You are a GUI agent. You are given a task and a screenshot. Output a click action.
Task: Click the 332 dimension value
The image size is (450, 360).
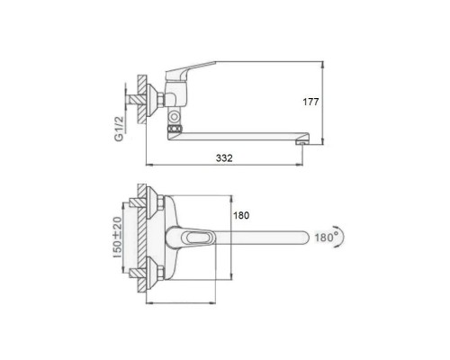coord(224,158)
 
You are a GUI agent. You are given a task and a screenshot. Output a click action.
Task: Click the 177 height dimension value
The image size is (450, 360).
coord(310,102)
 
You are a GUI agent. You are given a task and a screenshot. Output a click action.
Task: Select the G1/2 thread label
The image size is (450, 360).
coord(119,129)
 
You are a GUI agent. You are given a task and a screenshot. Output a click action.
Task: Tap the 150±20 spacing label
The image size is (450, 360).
coord(118,238)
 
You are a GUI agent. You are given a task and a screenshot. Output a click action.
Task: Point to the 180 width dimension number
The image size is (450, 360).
coord(241,215)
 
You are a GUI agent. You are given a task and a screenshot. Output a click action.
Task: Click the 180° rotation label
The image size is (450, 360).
coord(326,238)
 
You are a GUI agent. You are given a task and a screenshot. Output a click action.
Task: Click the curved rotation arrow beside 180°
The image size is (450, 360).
coord(342,237)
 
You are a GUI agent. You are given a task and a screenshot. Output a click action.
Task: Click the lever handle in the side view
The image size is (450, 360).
coord(190,69)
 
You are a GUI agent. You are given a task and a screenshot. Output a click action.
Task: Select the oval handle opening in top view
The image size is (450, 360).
coord(197,238)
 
